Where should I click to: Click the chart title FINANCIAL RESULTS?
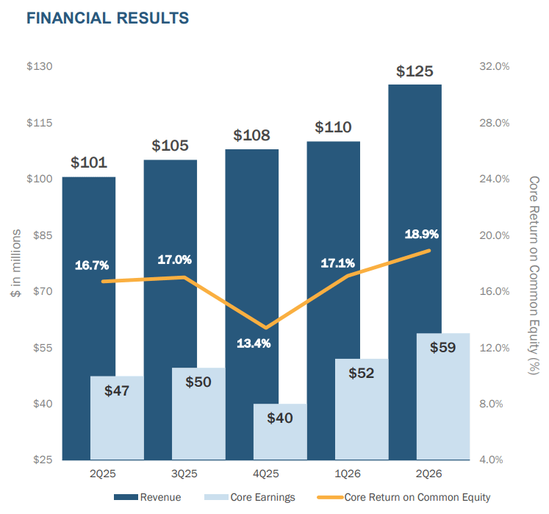pos(107,18)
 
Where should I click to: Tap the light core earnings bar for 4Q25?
pos(280,432)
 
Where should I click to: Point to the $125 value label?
pos(415,71)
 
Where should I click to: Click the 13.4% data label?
pos(254,343)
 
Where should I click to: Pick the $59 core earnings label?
pos(443,347)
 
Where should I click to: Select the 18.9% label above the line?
pos(422,234)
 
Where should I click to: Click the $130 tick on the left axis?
pos(40,66)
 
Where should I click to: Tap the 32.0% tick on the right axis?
pos(495,66)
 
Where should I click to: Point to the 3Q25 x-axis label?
pos(184,474)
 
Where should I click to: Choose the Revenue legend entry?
pos(148,497)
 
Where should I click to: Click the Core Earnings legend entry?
pos(250,497)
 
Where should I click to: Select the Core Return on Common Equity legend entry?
pos(403,497)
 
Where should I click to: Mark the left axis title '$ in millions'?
pos(15,263)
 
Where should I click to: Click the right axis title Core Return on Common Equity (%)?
pos(534,276)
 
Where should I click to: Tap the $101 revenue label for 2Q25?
pos(89,163)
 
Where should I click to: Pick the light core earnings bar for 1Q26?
pos(362,410)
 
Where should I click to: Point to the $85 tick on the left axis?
pos(43,235)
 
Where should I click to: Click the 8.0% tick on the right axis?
pos(491,404)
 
